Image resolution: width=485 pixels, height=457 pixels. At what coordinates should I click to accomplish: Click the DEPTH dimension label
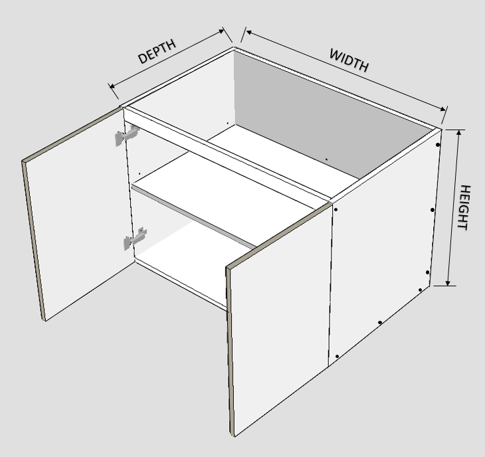point(157,51)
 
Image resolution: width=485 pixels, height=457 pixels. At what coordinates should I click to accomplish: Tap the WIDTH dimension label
point(349,60)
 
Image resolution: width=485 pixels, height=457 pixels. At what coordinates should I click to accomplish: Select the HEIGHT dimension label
point(464,207)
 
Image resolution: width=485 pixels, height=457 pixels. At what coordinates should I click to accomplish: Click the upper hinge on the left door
point(128,135)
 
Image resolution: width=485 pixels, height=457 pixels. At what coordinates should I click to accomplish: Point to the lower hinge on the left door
point(135,238)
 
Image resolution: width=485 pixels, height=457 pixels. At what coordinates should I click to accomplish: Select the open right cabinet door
point(278,318)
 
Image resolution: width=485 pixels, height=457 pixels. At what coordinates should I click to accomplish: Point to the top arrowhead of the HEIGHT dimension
point(458,132)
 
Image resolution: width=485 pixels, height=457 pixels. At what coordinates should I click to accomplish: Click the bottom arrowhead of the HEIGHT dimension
point(448,283)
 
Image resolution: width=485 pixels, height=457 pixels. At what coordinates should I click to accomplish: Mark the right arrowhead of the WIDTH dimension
point(443,109)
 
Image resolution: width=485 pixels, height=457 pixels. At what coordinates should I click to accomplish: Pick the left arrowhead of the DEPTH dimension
point(112,86)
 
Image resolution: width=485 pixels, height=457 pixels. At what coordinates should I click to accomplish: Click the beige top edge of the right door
point(278,236)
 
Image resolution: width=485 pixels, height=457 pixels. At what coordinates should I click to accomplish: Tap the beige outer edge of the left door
point(33,240)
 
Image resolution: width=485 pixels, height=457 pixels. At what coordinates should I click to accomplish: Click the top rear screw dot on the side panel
point(438,144)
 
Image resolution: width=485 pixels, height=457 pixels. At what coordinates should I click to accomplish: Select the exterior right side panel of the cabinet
point(383,247)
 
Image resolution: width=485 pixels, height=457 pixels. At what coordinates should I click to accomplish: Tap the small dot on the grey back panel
point(326,159)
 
